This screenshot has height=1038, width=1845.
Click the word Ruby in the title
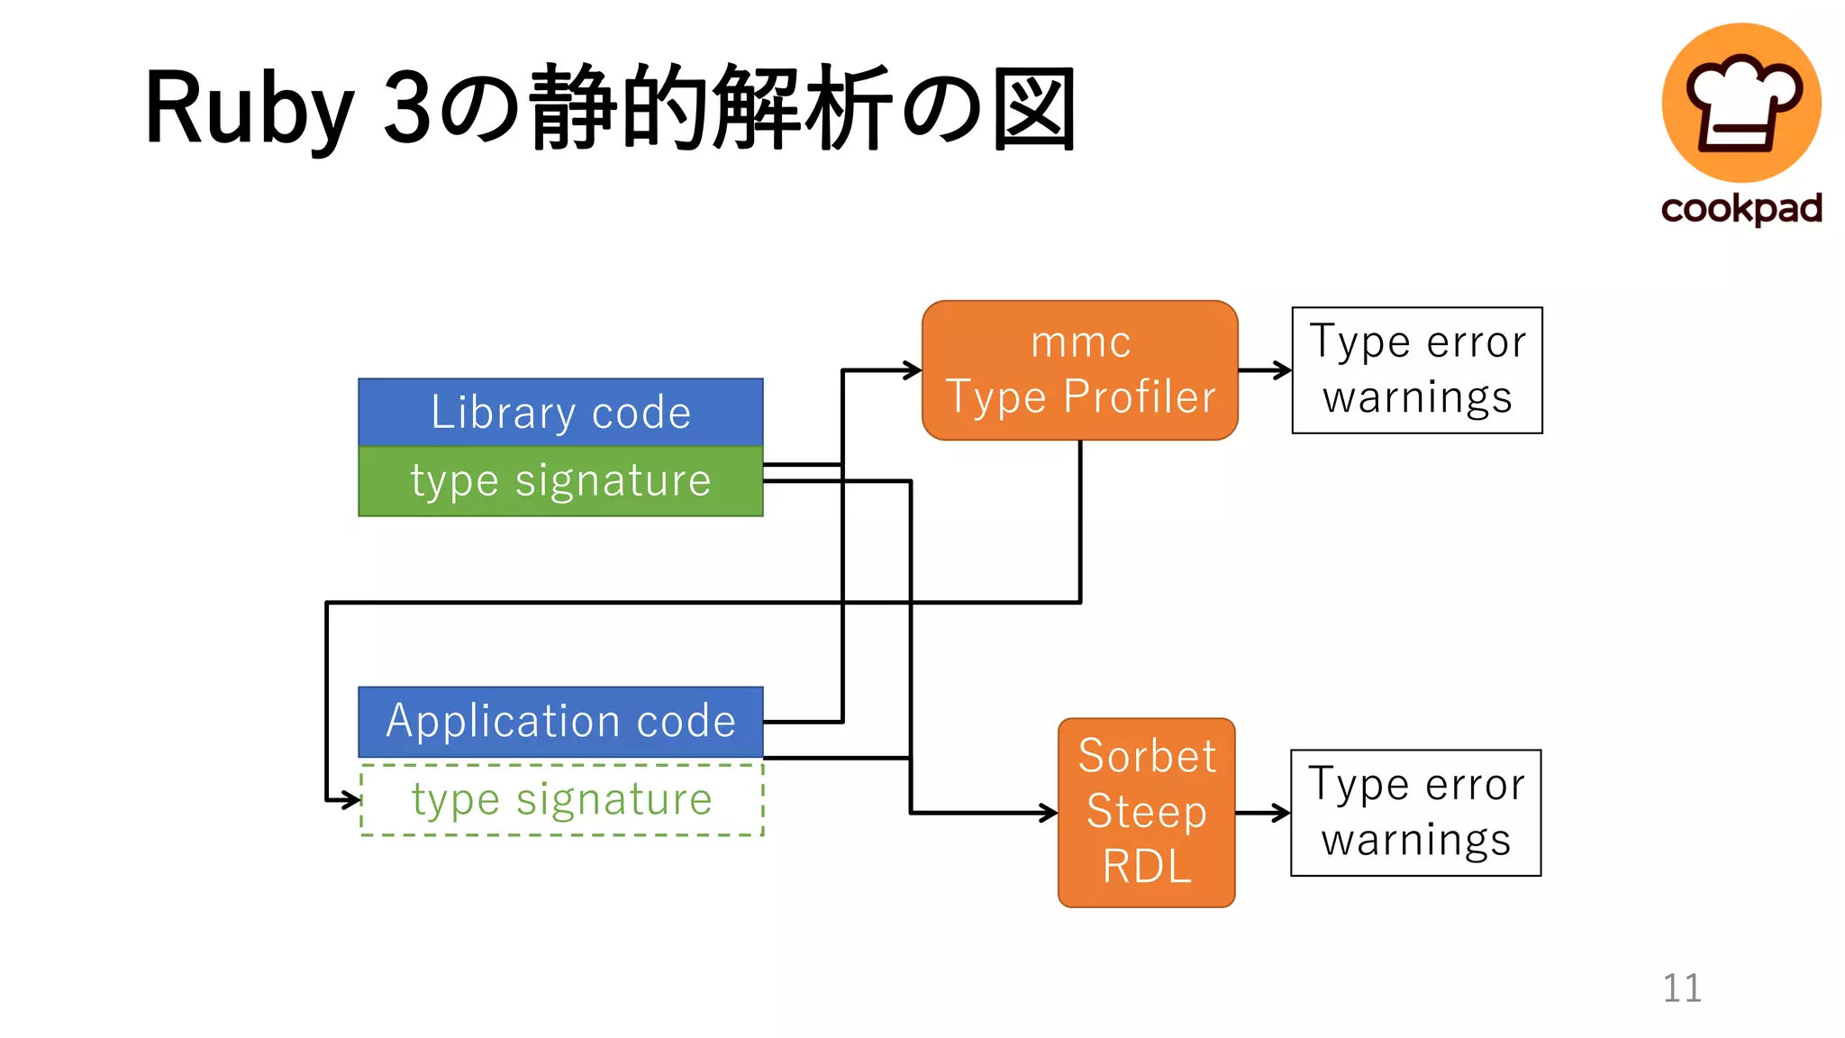pos(249,108)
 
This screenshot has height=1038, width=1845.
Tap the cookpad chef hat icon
pos(1740,102)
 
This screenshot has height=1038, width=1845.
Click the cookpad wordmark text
pos(1740,208)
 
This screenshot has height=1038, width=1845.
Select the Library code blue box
pos(560,413)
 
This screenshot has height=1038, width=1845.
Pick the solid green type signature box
pos(560,481)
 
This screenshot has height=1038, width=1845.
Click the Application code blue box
pos(560,722)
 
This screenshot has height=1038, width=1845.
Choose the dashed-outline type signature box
pos(560,800)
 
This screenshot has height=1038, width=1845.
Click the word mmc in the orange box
pos(1080,342)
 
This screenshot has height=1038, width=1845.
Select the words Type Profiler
pos(1080,397)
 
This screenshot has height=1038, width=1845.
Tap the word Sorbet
pos(1146,756)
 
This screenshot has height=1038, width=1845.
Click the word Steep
pos(1146,811)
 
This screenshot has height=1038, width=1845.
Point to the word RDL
pos(1146,867)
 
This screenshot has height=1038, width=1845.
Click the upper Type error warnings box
pos(1416,370)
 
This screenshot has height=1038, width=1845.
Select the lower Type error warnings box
pos(1415,813)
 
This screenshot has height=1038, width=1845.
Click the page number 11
pos(1681,988)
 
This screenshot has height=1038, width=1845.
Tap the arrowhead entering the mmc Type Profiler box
pos(913,369)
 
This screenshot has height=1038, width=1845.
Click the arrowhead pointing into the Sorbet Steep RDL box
pos(1050,813)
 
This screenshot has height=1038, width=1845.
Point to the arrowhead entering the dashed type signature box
pos(352,799)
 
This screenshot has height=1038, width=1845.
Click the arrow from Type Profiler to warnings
pos(1265,370)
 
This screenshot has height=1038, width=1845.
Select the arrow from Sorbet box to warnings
pos(1263,813)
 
